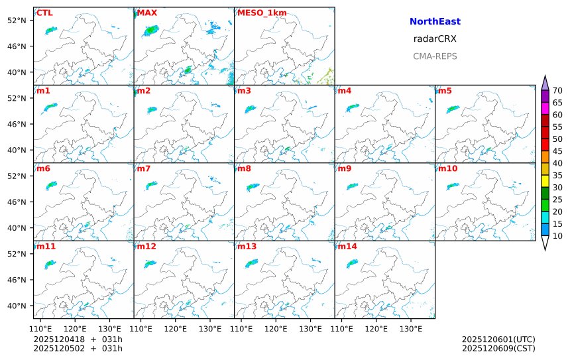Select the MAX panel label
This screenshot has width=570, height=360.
pyautogui.click(x=146, y=13)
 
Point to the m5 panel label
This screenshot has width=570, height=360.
pyautogui.click(x=445, y=91)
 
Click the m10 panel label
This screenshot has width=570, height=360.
pyautogui.click(x=447, y=168)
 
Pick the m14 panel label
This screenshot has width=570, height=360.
pyautogui.click(x=347, y=247)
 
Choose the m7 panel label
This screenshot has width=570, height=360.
pyautogui.click(x=144, y=168)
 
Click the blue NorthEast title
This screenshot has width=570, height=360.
pyautogui.click(x=435, y=22)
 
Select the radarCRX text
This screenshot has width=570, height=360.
pyautogui.click(x=435, y=39)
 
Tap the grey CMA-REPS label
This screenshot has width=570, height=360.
pyautogui.click(x=435, y=56)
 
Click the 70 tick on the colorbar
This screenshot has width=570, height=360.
pyautogui.click(x=557, y=91)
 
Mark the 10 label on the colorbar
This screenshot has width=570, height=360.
pyautogui.click(x=557, y=236)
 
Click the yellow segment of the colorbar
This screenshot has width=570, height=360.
pyautogui.click(x=545, y=181)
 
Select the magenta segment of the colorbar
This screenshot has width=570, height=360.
pyautogui.click(x=545, y=108)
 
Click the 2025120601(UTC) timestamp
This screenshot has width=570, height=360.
pyautogui.click(x=498, y=339)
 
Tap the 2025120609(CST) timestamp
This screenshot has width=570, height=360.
pyautogui.click(x=498, y=348)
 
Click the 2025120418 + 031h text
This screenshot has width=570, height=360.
pyautogui.click(x=78, y=339)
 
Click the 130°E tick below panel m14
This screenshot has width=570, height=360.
pyautogui.click(x=411, y=328)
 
